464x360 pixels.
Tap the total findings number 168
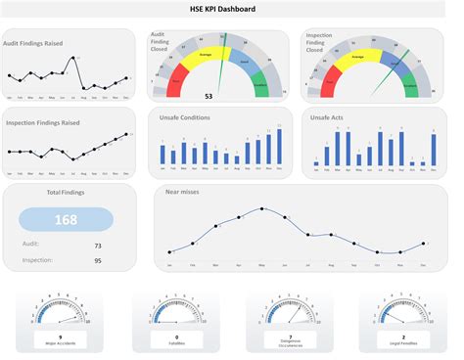[67, 220]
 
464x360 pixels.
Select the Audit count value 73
[98, 247]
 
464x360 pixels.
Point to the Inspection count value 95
[98, 260]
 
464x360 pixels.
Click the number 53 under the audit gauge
[209, 96]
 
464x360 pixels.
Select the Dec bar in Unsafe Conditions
[280, 146]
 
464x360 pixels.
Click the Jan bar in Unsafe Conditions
[162, 154]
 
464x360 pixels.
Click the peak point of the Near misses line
[261, 208]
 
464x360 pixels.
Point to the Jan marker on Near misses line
[169, 251]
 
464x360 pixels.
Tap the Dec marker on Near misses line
[424, 244]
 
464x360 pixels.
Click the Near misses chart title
[182, 193]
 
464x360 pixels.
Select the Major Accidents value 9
[61, 337]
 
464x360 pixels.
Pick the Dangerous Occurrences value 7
[290, 336]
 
